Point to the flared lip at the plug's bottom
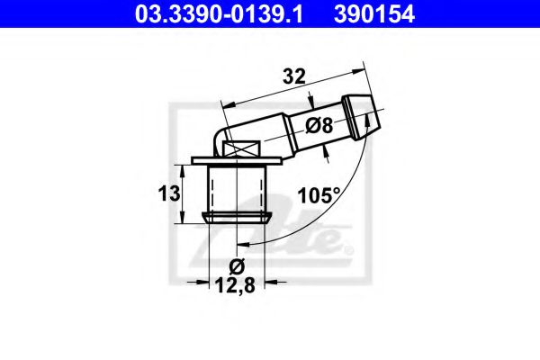[x=238, y=217]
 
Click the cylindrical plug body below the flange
[x=238, y=190]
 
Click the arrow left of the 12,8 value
[x=202, y=283]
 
